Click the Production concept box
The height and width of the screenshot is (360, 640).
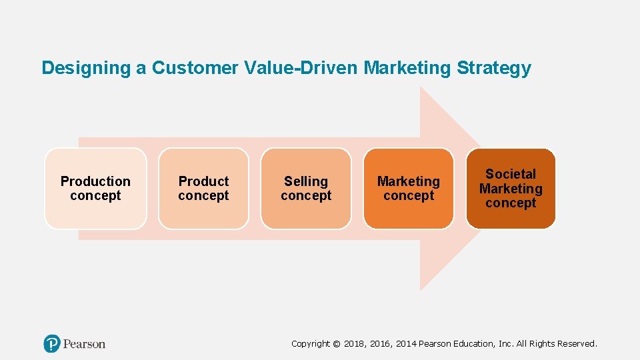click(95, 189)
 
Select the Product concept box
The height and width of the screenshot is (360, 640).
click(203, 189)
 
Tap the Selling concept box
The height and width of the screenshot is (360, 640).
click(306, 189)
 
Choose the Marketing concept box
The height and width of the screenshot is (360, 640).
click(409, 189)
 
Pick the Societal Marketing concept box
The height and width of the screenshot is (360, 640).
click(511, 189)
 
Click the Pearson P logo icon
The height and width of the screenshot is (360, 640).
click(52, 344)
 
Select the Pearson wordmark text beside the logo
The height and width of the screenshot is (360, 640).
click(84, 344)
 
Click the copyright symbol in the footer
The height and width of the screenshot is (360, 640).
click(336, 344)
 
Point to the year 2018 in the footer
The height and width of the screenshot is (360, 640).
click(355, 344)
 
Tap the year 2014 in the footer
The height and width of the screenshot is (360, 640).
click(406, 344)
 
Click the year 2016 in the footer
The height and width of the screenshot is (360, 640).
click(381, 344)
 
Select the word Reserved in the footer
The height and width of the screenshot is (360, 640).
click(577, 344)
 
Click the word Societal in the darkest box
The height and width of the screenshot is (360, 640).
click(511, 175)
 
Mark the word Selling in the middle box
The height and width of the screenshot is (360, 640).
click(306, 181)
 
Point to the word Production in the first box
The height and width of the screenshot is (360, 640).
click(95, 181)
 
